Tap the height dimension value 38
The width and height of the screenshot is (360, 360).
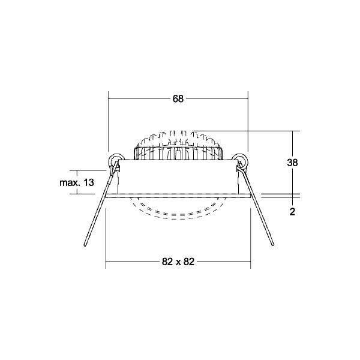[293, 162]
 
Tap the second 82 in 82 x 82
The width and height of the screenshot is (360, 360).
[190, 262]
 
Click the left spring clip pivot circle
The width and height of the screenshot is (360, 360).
[115, 160]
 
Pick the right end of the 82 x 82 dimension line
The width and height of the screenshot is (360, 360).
[250, 262]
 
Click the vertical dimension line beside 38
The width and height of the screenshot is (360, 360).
[292, 180]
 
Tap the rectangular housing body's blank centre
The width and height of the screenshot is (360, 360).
[178, 177]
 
